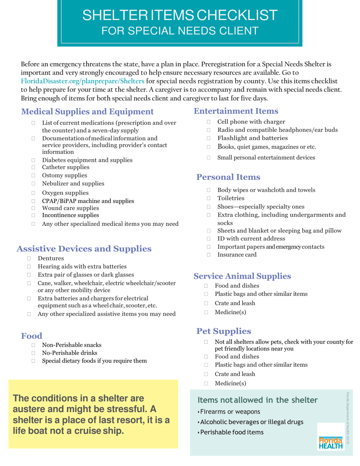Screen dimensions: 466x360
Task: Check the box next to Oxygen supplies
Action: [34, 192]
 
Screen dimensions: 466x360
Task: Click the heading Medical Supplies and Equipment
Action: [88, 112]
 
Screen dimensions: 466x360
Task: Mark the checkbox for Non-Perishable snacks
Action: [34, 345]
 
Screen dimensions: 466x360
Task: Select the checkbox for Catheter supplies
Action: [34, 167]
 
